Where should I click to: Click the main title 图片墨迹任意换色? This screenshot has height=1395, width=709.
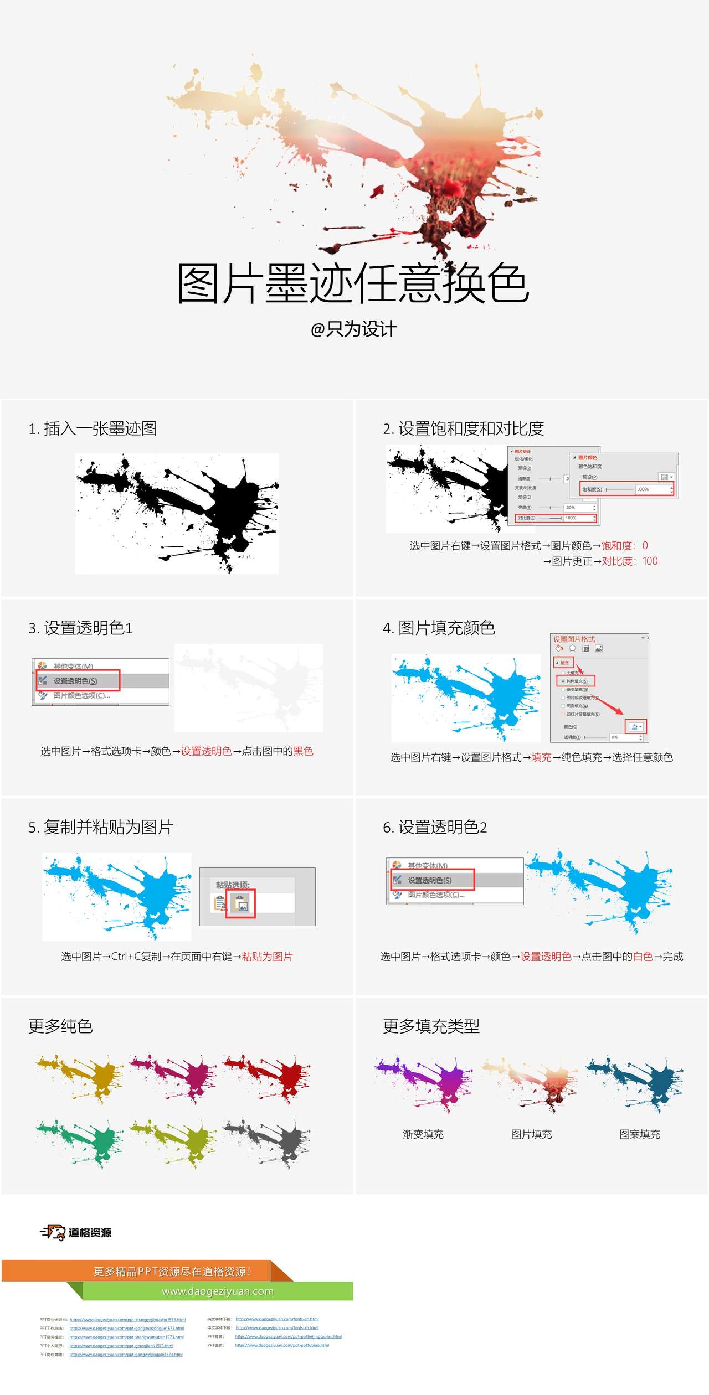[x=353, y=283]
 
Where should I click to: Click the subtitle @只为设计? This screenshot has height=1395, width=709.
[x=353, y=329]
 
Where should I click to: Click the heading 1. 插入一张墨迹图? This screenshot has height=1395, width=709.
[x=93, y=428]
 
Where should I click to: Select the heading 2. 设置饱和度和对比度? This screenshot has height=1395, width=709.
[x=463, y=428]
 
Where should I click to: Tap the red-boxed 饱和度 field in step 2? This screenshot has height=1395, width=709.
[x=626, y=489]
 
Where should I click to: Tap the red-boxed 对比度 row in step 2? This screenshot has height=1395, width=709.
[x=556, y=518]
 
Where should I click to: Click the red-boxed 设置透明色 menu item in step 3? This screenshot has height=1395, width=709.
[x=78, y=680]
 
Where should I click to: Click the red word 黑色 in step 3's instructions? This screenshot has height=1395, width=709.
[x=303, y=751]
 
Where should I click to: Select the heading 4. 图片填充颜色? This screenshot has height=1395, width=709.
[x=439, y=628]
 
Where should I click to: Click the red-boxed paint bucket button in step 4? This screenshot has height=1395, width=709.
[x=635, y=727]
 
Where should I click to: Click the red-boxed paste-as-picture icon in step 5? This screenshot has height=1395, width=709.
[x=240, y=904]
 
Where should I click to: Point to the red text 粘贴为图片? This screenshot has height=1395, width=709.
[x=267, y=957]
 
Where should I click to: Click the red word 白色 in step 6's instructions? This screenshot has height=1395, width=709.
[x=643, y=957]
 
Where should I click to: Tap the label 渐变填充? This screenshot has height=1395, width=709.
[x=423, y=1134]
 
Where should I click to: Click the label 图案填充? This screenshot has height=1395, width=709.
[x=640, y=1134]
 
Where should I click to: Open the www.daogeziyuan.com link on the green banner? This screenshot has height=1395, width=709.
[x=218, y=1291]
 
